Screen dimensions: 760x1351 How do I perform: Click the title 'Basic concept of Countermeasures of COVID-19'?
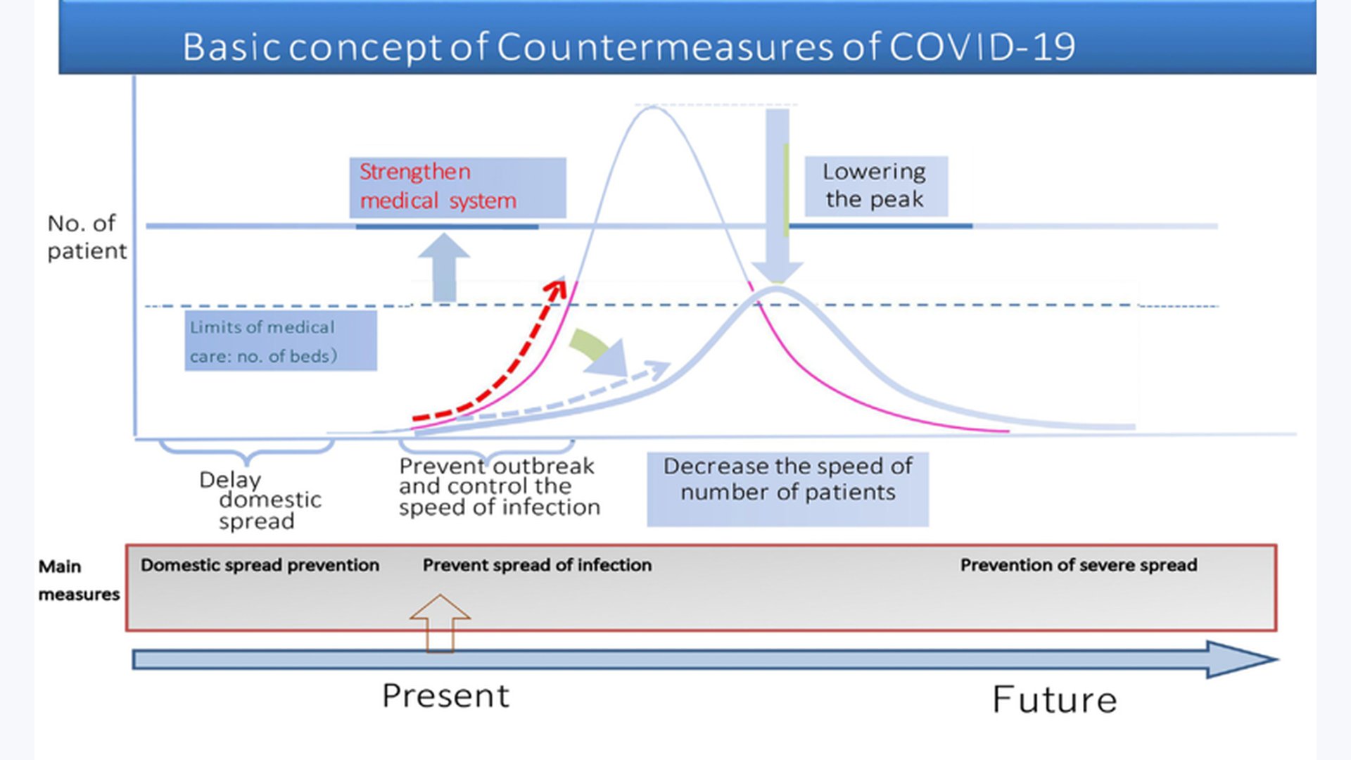point(628,46)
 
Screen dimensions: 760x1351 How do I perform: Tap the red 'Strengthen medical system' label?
point(438,186)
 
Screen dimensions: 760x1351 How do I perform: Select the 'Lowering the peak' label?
point(875,185)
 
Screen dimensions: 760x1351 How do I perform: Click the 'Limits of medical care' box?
point(280,341)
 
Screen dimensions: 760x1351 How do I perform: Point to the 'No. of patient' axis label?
point(87,237)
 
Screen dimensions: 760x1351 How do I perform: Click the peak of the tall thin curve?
point(653,107)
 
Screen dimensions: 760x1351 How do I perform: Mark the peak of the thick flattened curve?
point(777,289)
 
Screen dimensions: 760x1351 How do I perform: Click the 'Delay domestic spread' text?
point(260,500)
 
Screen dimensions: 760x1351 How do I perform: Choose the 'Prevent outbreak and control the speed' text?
point(499,486)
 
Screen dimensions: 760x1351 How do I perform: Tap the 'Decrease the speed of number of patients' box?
point(787,488)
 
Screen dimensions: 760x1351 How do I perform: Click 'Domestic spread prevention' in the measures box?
point(260,565)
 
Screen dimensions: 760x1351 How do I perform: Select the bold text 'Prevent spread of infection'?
point(537,565)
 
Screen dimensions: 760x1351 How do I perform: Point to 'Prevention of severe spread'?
point(1078,565)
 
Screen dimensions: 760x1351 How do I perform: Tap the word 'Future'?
point(1054,699)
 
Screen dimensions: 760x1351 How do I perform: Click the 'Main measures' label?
point(79,581)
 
